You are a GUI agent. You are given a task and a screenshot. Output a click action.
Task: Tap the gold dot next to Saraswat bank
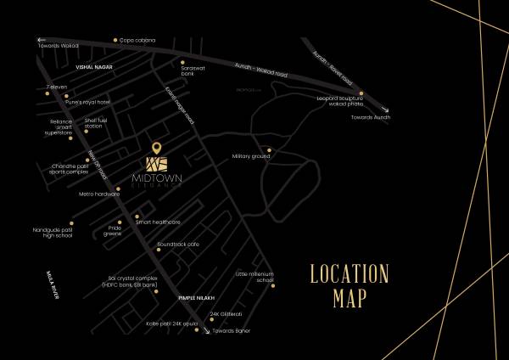182,61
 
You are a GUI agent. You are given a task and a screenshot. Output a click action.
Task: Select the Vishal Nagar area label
93,65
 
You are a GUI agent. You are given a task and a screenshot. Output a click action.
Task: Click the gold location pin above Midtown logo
154,148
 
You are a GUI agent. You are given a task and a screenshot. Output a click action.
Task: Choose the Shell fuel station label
98,123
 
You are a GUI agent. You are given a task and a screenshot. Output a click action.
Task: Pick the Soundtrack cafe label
176,245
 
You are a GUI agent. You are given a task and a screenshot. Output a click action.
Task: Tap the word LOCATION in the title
348,274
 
